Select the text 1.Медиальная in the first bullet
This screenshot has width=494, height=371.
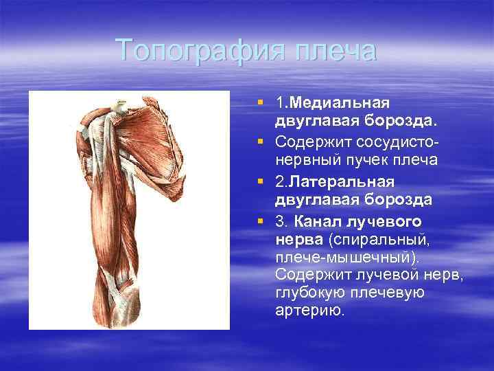[x=333, y=103]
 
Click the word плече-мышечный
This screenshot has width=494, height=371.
[x=342, y=257]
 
